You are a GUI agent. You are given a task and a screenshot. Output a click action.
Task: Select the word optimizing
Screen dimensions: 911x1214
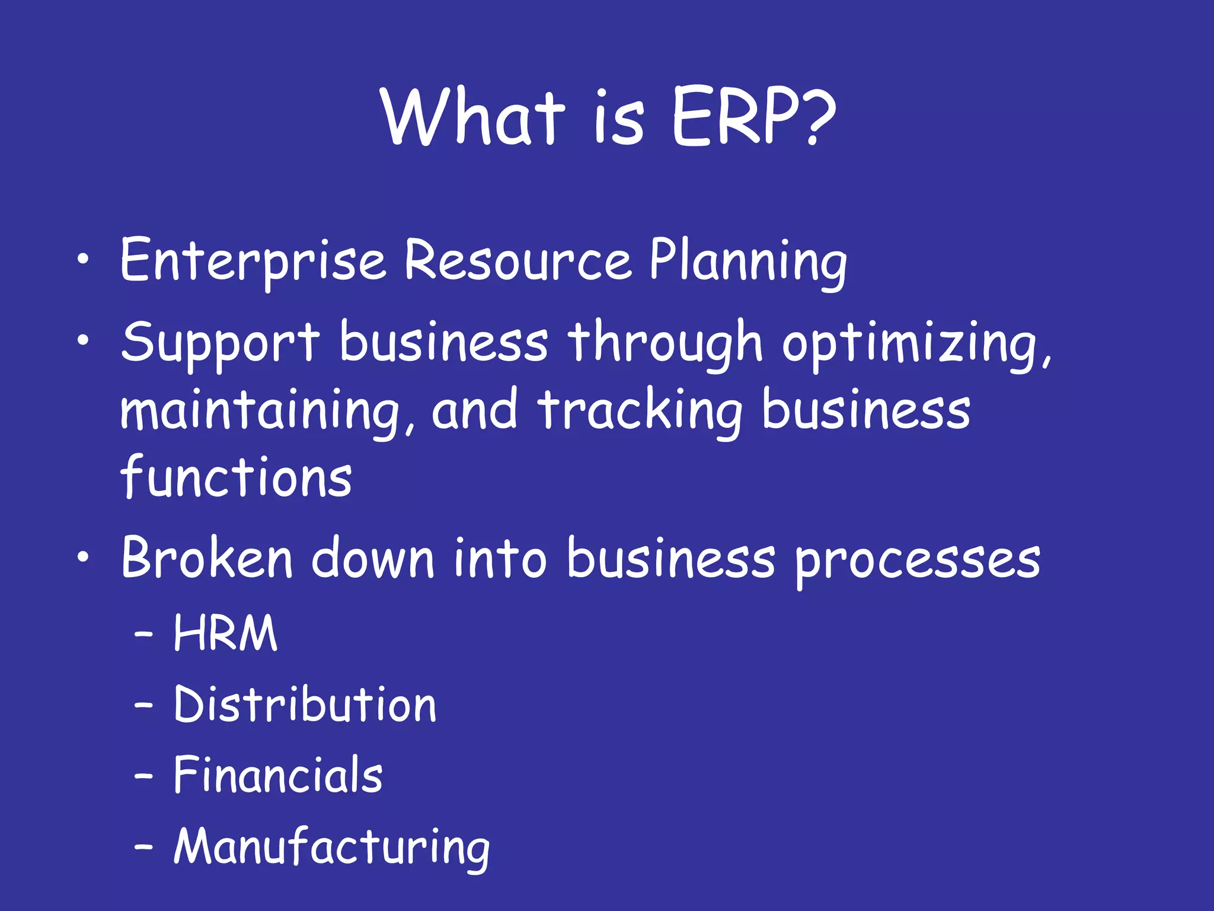[x=916, y=345]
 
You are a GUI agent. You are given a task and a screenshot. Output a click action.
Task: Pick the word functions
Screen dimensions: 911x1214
[x=236, y=478]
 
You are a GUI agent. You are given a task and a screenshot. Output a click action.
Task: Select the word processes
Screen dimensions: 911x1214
[x=918, y=560]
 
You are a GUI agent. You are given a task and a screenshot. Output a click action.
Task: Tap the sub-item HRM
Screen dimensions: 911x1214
[x=225, y=633]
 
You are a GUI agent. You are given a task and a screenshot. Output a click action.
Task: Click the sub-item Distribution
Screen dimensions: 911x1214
[x=305, y=705]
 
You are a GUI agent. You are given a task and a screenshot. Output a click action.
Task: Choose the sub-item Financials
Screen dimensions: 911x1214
[x=278, y=775]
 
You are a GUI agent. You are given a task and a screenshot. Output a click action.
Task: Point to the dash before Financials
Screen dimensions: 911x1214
[x=143, y=776]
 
